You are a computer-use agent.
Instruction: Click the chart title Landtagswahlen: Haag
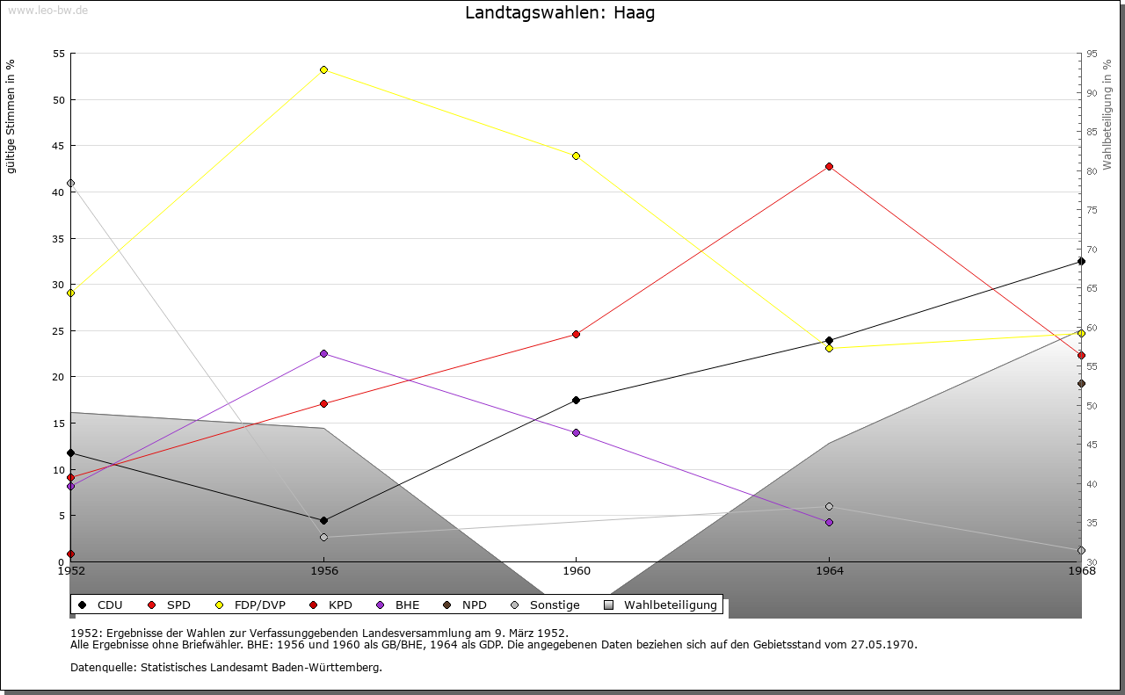[560, 13]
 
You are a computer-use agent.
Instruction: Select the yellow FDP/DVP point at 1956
[323, 69]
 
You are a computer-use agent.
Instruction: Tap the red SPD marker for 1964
[829, 166]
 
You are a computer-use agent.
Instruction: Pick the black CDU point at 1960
[576, 400]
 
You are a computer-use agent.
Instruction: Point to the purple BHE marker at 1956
[323, 353]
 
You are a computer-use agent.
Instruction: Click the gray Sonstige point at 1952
[70, 183]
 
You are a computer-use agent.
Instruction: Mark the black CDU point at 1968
[1081, 261]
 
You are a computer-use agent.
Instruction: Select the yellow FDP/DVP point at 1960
[576, 156]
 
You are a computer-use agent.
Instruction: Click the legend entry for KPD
[339, 605]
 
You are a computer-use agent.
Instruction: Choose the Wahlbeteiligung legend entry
[670, 605]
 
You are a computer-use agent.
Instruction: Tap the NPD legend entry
[474, 605]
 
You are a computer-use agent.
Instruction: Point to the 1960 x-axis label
[577, 571]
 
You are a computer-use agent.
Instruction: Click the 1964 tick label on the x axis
[829, 571]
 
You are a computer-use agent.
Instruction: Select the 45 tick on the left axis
[59, 146]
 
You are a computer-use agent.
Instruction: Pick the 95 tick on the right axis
[1092, 54]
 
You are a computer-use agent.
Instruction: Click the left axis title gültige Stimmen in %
[11, 116]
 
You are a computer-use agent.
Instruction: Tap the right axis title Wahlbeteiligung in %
[1107, 114]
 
